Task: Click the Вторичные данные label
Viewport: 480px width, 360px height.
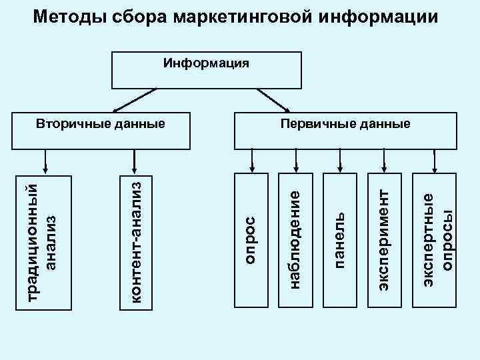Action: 100,124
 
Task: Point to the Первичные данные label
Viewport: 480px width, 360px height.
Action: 345,124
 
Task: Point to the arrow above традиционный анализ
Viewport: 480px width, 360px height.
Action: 45,159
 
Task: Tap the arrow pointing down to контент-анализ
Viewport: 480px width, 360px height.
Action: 135,159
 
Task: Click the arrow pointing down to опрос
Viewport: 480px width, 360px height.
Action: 252,159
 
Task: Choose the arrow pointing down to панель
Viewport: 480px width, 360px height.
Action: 340,159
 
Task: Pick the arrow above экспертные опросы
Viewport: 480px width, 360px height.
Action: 435,159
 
